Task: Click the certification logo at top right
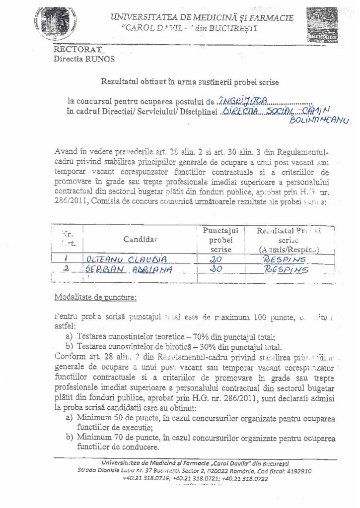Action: coord(323,25)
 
